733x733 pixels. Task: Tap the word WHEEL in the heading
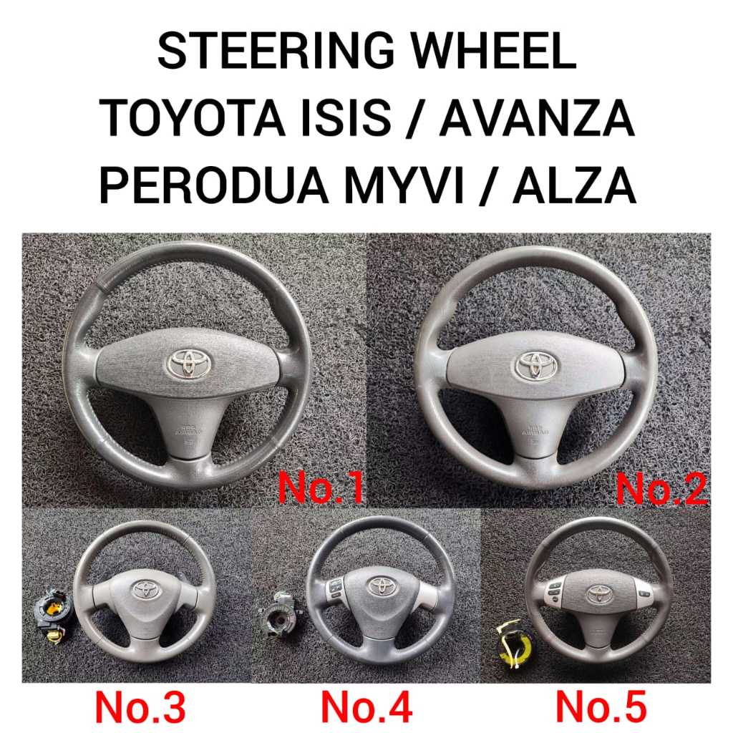click(x=486, y=53)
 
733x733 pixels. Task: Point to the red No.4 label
click(x=366, y=707)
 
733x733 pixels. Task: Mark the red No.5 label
click(x=601, y=707)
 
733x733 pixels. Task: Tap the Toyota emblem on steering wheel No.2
click(x=535, y=366)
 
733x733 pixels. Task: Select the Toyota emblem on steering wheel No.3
click(x=145, y=588)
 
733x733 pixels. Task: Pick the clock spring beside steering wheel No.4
click(x=276, y=614)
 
